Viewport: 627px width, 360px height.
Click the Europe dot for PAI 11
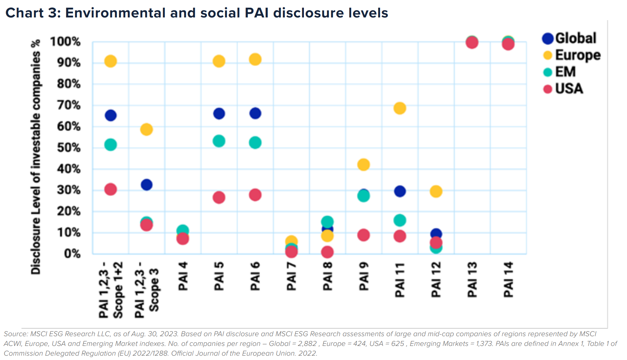pos(400,108)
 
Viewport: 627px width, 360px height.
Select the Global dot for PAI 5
pos(219,114)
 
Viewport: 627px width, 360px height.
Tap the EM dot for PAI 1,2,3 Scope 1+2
pos(110,145)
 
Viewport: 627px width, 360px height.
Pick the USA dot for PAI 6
pos(255,195)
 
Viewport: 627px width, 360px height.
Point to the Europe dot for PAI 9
pos(363,165)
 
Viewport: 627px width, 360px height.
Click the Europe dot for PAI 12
pos(436,192)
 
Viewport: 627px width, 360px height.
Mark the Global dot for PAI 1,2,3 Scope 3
pos(146,185)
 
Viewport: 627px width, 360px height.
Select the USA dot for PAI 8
pos(327,252)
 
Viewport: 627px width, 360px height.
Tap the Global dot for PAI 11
pos(400,192)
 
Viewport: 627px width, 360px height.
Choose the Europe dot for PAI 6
pos(255,59)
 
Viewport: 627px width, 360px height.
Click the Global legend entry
pos(570,38)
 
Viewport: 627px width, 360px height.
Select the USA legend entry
pos(564,89)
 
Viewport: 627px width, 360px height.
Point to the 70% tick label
pos(69,105)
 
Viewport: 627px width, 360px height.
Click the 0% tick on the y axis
pos(72,254)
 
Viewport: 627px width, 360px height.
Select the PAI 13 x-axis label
pos(472,279)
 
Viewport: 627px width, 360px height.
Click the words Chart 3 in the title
pos(33,13)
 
